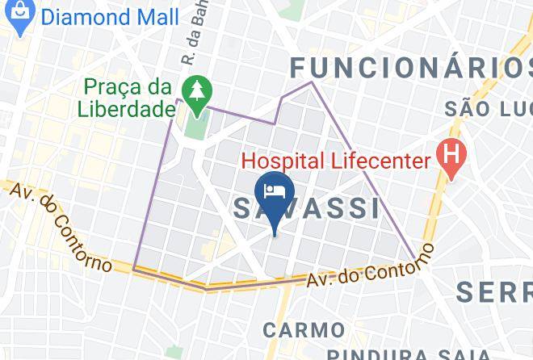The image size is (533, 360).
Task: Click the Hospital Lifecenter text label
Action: tap(338, 161)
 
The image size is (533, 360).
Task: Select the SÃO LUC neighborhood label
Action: tap(489, 107)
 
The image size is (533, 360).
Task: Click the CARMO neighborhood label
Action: tap(304, 329)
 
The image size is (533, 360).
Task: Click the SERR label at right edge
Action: tap(493, 292)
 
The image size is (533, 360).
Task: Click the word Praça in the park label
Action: tap(112, 86)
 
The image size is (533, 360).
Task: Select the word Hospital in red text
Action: tap(287, 161)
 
